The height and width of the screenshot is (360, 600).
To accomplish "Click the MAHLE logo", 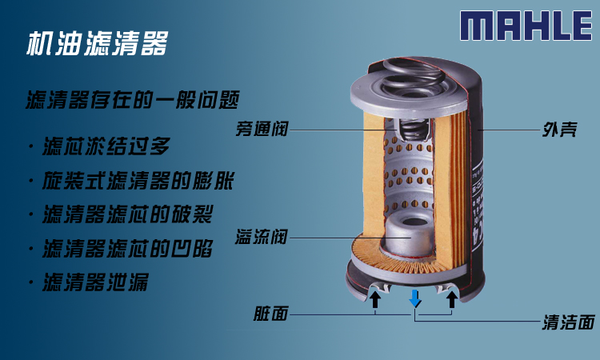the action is pyautogui.click(x=526, y=26).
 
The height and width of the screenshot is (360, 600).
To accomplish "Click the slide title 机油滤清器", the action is pyautogui.click(x=98, y=43).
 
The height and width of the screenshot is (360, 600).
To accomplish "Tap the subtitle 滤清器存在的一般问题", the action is pyautogui.click(x=133, y=100).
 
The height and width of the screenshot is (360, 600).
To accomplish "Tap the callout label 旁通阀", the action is pyautogui.click(x=262, y=129).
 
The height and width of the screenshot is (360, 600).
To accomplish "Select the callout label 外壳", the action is pyautogui.click(x=560, y=130).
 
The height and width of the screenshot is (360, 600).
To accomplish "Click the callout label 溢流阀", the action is pyautogui.click(x=262, y=237).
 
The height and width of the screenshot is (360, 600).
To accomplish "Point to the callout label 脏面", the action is pyautogui.click(x=270, y=314).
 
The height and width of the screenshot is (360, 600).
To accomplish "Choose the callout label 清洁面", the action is pyautogui.click(x=569, y=322).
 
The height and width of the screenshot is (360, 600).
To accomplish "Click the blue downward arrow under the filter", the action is pyautogui.click(x=414, y=298).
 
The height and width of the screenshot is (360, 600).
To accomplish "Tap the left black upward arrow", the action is pyautogui.click(x=375, y=299).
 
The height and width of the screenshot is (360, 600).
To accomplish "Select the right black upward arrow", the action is pyautogui.click(x=452, y=299).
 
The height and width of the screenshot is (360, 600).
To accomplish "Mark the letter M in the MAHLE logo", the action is pyautogui.click(x=477, y=26).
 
